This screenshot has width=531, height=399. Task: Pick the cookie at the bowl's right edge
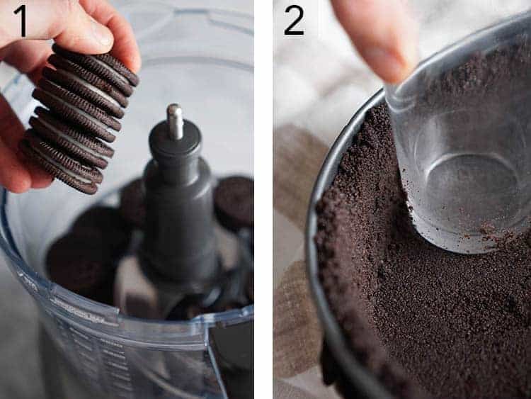[235, 201]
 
